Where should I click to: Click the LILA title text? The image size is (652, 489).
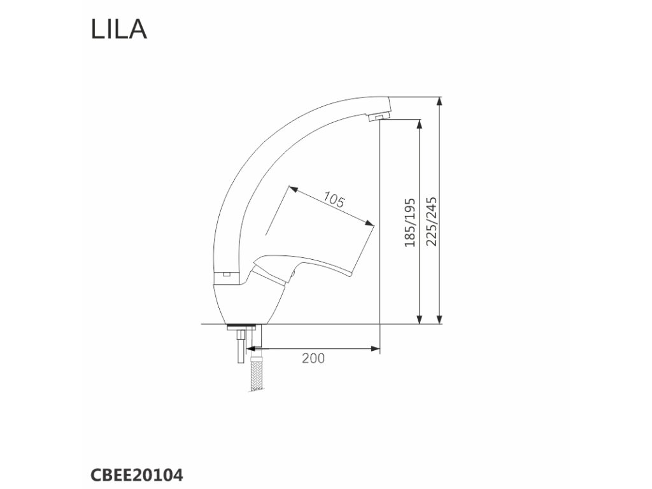pyautogui.click(x=119, y=29)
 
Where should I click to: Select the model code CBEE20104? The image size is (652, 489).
pyautogui.click(x=136, y=475)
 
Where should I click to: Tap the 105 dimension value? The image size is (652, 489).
pyautogui.click(x=334, y=200)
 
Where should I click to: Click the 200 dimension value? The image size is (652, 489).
pyautogui.click(x=313, y=358)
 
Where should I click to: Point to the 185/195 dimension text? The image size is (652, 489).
pyautogui.click(x=410, y=222)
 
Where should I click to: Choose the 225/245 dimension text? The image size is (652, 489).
pyautogui.click(x=432, y=222)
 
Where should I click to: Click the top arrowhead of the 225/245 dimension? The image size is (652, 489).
pyautogui.click(x=439, y=102)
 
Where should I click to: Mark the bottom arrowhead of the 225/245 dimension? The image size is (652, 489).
pyautogui.click(x=439, y=318)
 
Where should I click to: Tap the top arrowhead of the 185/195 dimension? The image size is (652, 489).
pyautogui.click(x=420, y=125)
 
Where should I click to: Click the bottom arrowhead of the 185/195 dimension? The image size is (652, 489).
pyautogui.click(x=420, y=318)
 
